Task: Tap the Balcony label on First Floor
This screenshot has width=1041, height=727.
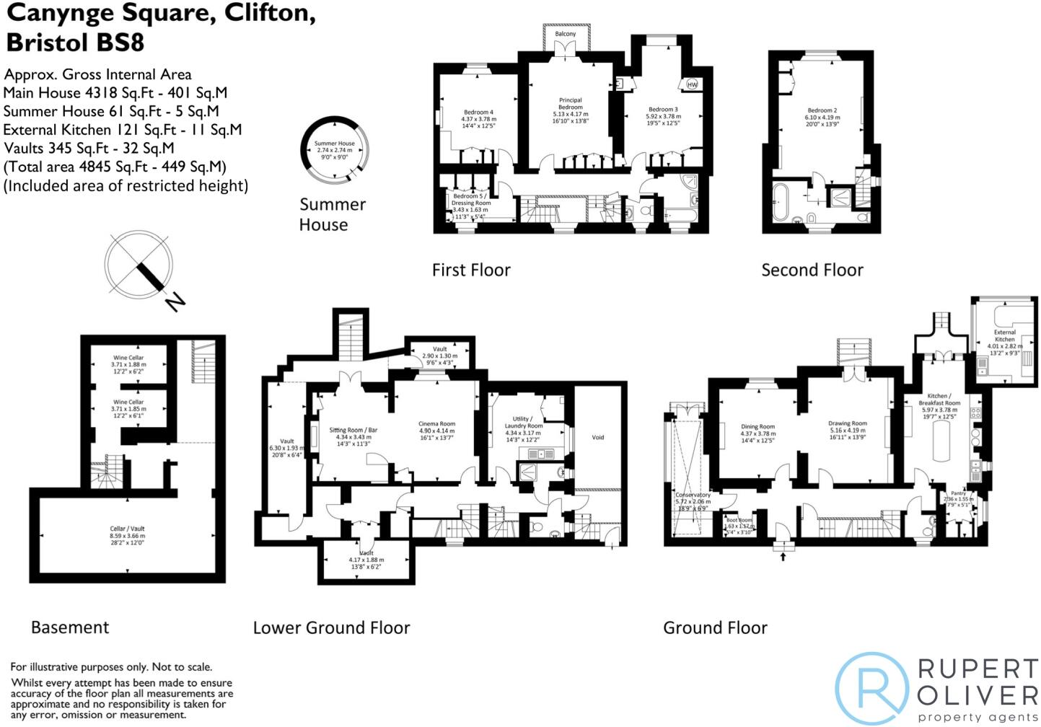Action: (x=566, y=34)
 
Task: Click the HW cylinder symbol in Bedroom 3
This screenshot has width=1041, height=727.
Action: (x=692, y=84)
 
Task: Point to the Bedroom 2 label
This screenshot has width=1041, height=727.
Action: (x=822, y=111)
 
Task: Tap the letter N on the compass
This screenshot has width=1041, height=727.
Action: (x=174, y=301)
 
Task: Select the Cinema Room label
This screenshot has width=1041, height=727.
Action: (x=437, y=424)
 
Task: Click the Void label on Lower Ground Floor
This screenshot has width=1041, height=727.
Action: (x=598, y=437)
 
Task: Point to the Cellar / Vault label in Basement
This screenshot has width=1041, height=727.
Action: (x=128, y=529)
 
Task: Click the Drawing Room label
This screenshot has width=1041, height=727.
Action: (x=848, y=424)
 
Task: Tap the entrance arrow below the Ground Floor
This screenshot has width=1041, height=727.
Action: (x=783, y=555)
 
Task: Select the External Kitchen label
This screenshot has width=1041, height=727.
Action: (x=1004, y=336)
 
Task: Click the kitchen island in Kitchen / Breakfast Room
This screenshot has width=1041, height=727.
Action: (x=941, y=441)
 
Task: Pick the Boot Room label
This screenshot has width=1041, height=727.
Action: (x=739, y=520)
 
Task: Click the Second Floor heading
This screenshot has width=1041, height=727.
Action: (x=812, y=270)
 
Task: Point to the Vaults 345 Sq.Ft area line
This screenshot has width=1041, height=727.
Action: (x=89, y=149)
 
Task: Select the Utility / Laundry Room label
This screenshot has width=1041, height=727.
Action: (x=523, y=423)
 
